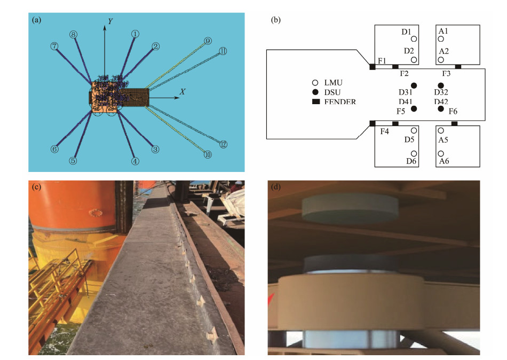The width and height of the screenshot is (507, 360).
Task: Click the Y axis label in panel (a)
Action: click(110, 21)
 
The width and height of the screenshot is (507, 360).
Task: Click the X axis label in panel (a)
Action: click(183, 92)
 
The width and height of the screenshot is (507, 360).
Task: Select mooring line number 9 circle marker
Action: click(208, 41)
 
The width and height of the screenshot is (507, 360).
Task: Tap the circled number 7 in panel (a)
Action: click(54, 46)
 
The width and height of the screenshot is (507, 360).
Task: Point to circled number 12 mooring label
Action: click(224, 144)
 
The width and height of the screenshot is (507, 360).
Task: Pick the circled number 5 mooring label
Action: click(73, 160)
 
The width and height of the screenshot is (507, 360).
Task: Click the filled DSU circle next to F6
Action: click(441, 109)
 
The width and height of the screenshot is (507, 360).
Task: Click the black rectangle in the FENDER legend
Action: click(316, 101)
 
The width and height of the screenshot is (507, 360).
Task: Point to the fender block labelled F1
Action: click(373, 67)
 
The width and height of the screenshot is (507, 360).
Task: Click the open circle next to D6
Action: click(414, 154)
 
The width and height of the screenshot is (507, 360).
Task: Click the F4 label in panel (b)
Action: click(385, 131)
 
